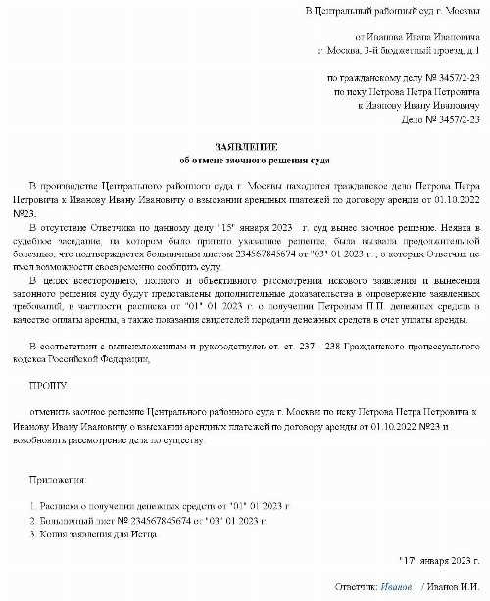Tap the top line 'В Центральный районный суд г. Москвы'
[391, 10]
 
